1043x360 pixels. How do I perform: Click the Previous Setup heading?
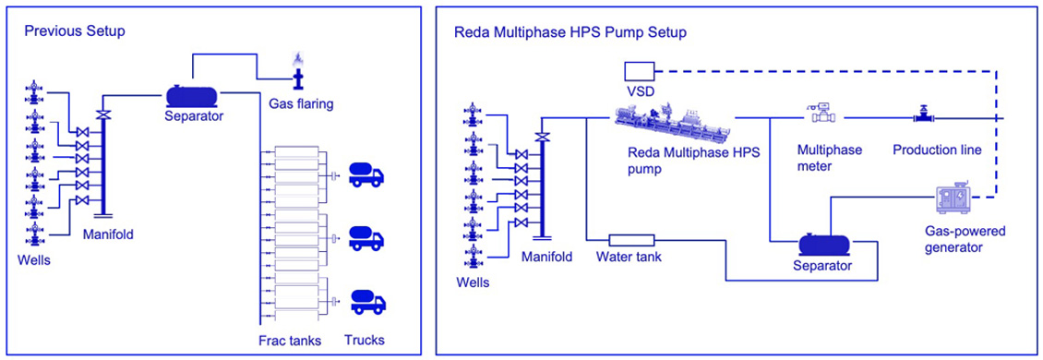pyautogui.click(x=75, y=31)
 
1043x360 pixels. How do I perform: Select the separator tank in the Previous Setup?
pyautogui.click(x=192, y=95)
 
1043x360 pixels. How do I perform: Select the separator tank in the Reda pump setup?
pyautogui.click(x=823, y=245)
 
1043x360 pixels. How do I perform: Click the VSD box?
pyautogui.click(x=639, y=70)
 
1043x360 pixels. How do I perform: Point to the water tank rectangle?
pyautogui.click(x=631, y=239)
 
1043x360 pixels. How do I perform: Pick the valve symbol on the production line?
pyautogui.click(x=923, y=116)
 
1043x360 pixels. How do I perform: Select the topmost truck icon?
pyautogui.click(x=366, y=174)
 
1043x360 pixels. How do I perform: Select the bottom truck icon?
pyautogui.click(x=366, y=301)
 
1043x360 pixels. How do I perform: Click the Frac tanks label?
pyautogui.click(x=290, y=341)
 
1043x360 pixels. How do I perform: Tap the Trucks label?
pyautogui.click(x=365, y=341)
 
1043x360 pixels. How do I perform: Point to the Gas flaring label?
pyautogui.click(x=301, y=103)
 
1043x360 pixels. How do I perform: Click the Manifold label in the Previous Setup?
pyautogui.click(x=108, y=234)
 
